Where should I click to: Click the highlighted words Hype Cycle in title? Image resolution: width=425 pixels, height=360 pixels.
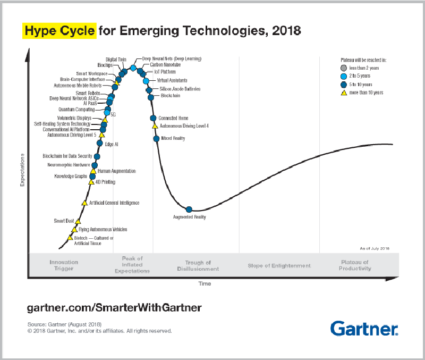(59, 30)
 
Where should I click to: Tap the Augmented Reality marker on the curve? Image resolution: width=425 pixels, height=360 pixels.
(189, 210)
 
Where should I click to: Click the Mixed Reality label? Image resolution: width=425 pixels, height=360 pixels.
(173, 138)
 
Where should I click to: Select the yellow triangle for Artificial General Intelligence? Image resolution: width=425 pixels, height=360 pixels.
(84, 203)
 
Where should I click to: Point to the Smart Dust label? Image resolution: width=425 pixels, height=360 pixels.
(64, 221)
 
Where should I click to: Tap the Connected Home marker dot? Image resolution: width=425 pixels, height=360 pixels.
(153, 118)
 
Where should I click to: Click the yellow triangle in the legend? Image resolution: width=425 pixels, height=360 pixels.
(344, 93)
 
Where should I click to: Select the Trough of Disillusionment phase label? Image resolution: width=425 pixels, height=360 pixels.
(198, 266)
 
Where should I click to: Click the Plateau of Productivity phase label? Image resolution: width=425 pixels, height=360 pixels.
(355, 265)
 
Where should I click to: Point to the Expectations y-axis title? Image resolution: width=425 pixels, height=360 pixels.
(23, 170)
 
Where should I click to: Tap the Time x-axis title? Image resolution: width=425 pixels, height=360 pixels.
(205, 283)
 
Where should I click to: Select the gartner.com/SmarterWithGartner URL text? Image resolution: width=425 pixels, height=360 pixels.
(114, 308)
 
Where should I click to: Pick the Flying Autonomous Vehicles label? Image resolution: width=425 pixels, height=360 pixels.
(106, 230)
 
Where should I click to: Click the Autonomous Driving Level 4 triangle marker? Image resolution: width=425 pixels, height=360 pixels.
(155, 126)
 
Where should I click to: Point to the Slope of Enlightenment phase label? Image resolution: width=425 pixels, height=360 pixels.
(279, 265)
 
